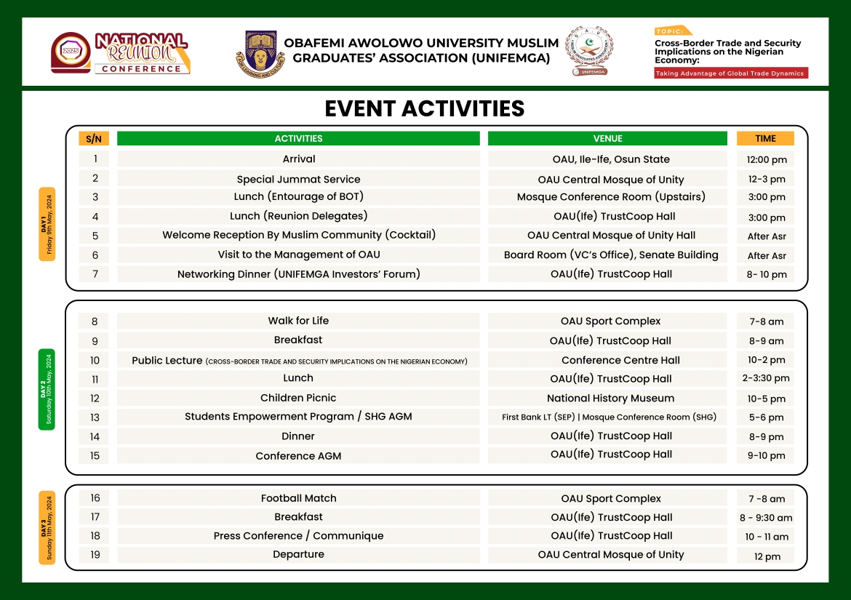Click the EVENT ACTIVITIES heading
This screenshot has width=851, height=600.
point(424,108)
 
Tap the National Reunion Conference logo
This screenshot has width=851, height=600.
point(121,53)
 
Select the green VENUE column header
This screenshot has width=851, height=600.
point(607,138)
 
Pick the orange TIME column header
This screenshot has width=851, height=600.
point(765,138)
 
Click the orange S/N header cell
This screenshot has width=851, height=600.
point(94,138)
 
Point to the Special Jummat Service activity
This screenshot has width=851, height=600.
point(298,179)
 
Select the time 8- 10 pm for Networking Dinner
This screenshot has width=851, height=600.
point(765,275)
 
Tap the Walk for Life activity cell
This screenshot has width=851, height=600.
point(298,321)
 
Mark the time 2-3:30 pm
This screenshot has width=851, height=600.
point(766,378)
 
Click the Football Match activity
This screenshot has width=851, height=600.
point(298,498)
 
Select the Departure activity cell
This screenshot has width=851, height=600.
point(298,554)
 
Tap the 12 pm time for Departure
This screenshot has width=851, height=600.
point(767,556)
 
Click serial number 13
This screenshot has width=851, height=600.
point(95,417)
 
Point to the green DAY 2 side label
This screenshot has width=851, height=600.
point(47,389)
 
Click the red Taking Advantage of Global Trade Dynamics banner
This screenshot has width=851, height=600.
point(730,73)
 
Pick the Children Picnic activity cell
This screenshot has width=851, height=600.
point(298,398)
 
